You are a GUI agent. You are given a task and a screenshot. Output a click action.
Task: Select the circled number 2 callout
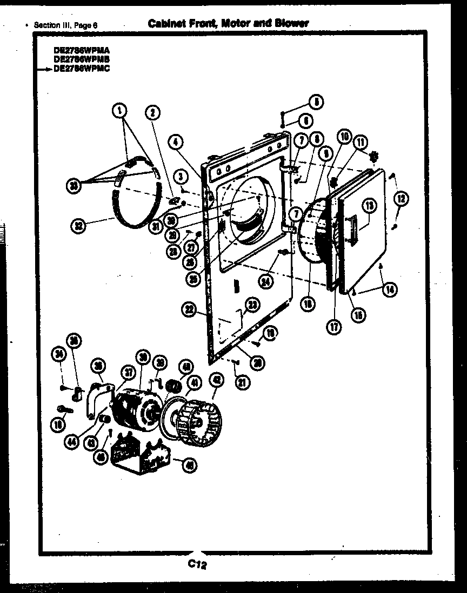pyautogui.click(x=152, y=112)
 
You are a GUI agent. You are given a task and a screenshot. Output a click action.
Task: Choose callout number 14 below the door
pyautogui.click(x=389, y=289)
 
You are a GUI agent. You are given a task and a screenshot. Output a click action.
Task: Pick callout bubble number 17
pyautogui.click(x=335, y=326)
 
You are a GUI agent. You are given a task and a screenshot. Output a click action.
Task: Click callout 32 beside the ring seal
pyautogui.click(x=80, y=226)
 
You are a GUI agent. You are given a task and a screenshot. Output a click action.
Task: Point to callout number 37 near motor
pyautogui.click(x=129, y=372)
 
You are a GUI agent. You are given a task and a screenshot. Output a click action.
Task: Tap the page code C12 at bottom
pyautogui.click(x=198, y=565)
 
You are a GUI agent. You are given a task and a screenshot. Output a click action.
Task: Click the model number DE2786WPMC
pyautogui.click(x=82, y=69)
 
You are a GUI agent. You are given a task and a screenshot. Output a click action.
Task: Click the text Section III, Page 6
pyautogui.click(x=65, y=25)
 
